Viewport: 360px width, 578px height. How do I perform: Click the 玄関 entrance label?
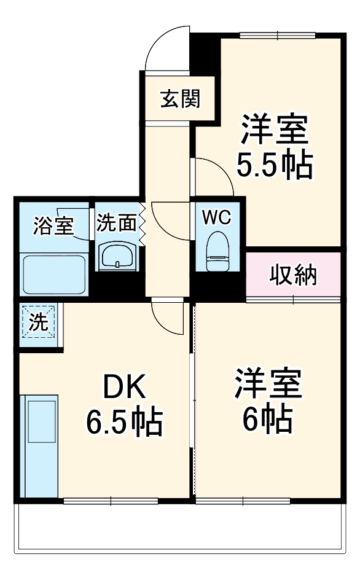point(180,98)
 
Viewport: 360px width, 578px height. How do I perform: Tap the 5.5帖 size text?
point(275,164)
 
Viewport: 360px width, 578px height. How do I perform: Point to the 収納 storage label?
point(294,275)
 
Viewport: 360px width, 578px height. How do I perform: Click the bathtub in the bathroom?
point(53,273)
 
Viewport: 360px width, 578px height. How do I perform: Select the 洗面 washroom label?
point(117,222)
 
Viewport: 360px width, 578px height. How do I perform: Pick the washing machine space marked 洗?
point(39,323)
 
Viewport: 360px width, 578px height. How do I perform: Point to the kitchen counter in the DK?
point(39,445)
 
